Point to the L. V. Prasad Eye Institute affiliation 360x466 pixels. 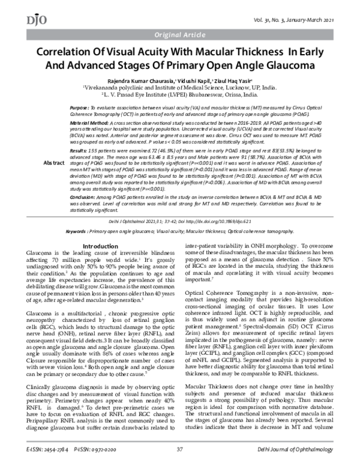point(180,95)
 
